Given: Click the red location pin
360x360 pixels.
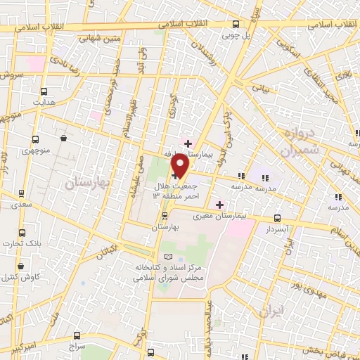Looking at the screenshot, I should [181, 166].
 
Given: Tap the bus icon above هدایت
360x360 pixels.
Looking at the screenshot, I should [44, 91].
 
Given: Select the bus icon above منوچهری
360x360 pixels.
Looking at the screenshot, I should [35, 139].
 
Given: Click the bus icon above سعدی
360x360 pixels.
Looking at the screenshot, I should [21, 193].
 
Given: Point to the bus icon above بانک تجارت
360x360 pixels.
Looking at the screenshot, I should [21, 233].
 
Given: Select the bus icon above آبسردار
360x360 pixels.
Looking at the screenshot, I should [277, 219].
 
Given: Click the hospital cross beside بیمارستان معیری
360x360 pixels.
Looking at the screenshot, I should [220, 205].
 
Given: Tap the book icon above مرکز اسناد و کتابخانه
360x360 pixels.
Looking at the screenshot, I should [167, 257].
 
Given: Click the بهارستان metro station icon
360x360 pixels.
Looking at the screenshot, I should [165, 216].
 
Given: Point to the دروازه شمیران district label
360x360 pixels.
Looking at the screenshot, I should [300, 142].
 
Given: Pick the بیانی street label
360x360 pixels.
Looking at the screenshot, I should [261, 90].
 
